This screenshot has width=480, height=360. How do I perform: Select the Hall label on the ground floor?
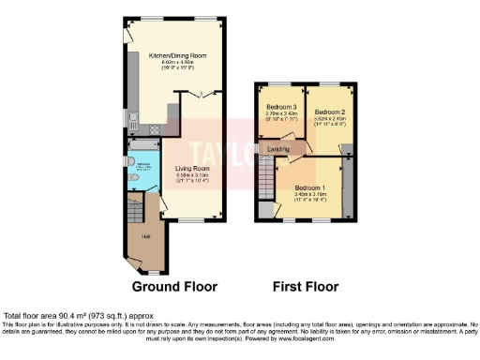(145, 236)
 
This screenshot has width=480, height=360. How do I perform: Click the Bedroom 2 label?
(329, 112)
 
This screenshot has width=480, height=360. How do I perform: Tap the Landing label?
(278, 149)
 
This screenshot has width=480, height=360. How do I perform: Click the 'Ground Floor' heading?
(174, 286)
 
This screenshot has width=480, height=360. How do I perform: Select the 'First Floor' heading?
(305, 286)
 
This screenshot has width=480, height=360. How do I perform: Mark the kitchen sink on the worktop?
(134, 119)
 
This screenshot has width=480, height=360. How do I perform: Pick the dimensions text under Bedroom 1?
(309, 196)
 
